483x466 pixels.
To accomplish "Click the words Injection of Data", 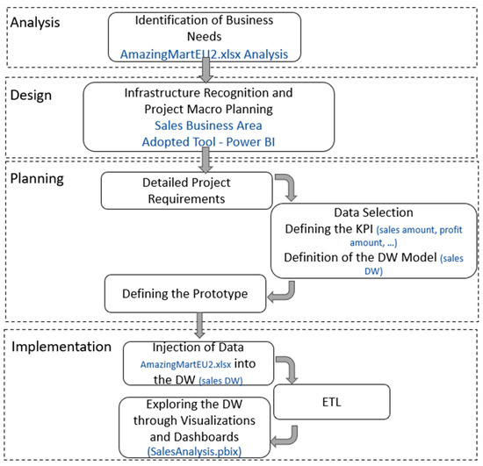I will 205,349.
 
